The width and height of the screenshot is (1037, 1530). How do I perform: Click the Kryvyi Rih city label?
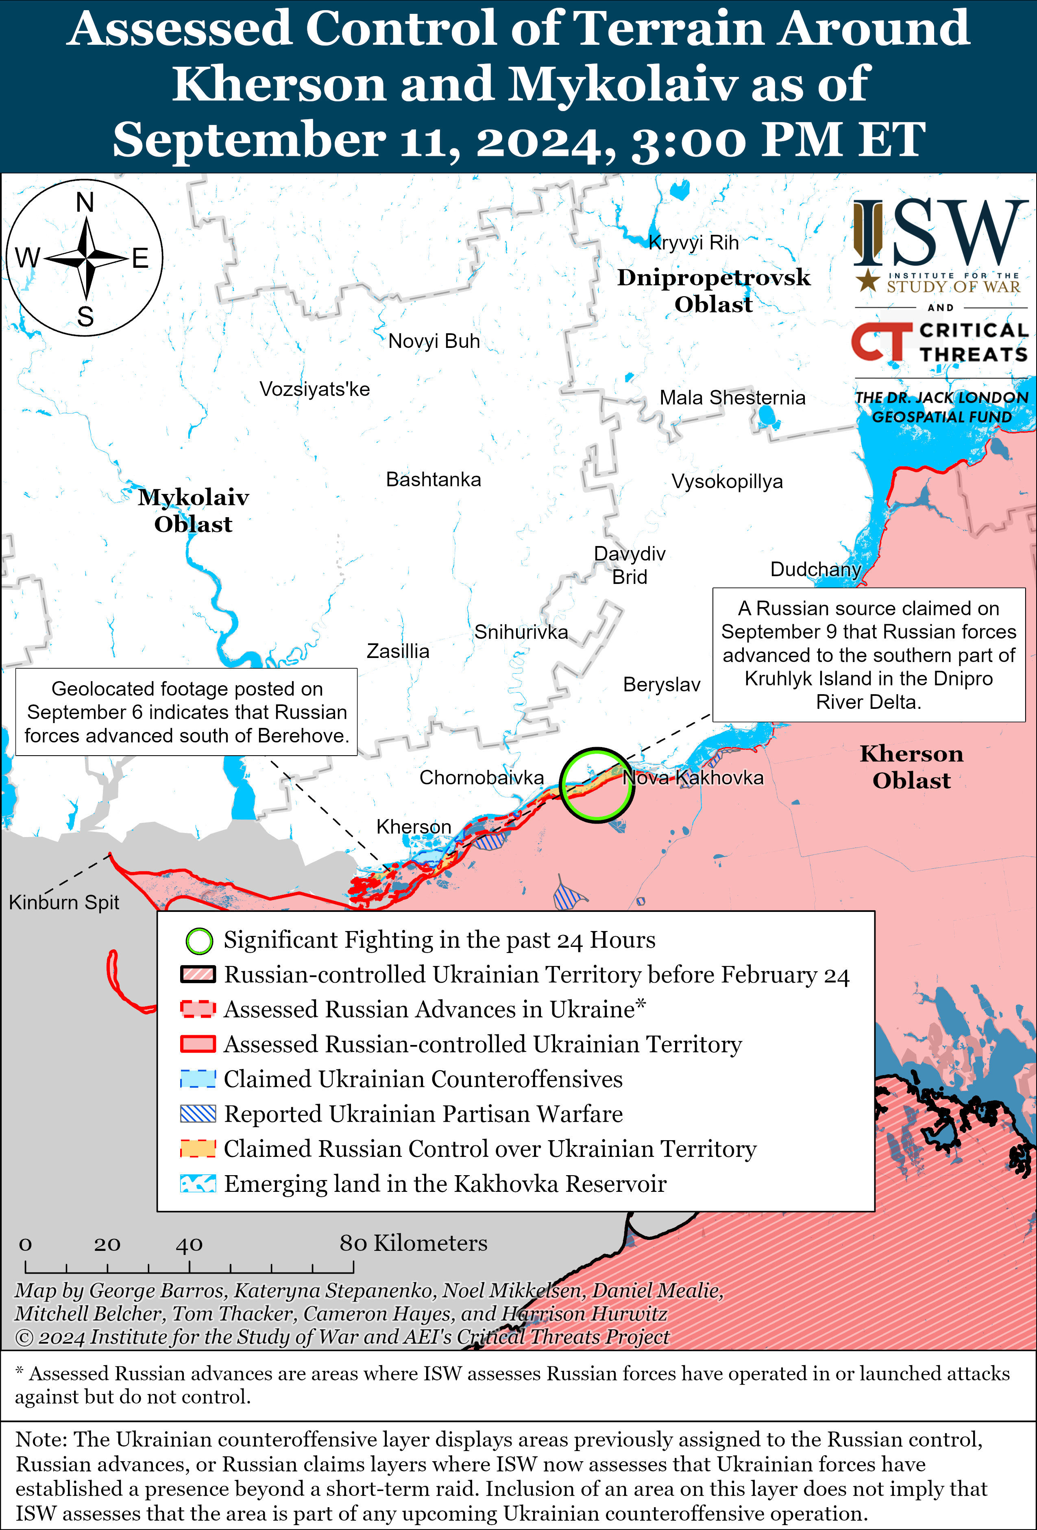pyautogui.click(x=693, y=243)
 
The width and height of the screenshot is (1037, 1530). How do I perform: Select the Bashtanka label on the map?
pyautogui.click(x=433, y=479)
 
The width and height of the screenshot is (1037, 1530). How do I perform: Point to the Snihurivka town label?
pyautogui.click(x=521, y=632)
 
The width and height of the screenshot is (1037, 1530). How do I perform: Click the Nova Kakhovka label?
pyautogui.click(x=693, y=778)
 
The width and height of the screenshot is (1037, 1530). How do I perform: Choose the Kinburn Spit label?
pyautogui.click(x=64, y=902)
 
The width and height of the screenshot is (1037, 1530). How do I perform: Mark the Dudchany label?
pyautogui.click(x=815, y=569)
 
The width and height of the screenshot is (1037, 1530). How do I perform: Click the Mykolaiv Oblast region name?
pyautogui.click(x=194, y=510)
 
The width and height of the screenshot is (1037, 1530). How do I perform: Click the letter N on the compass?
pyautogui.click(x=85, y=202)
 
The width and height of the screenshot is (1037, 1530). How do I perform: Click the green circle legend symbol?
pyautogui.click(x=199, y=941)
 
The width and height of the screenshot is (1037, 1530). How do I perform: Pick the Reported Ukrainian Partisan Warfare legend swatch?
pyautogui.click(x=198, y=1114)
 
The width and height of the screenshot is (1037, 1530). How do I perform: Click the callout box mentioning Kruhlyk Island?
pyautogui.click(x=869, y=655)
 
